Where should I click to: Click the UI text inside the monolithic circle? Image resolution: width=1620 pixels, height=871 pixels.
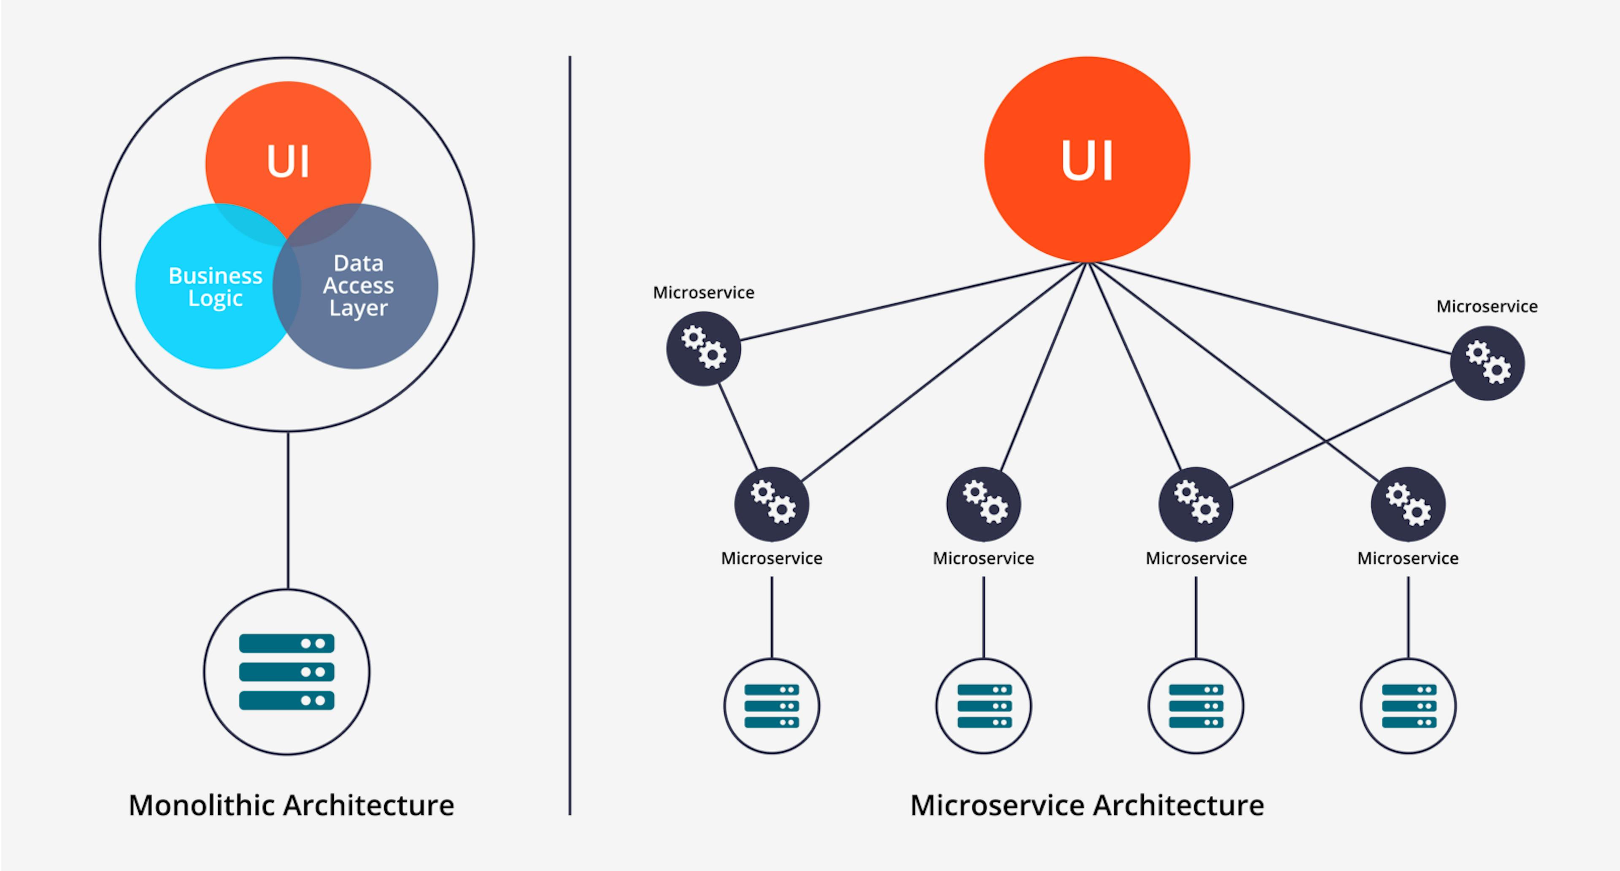[288, 162]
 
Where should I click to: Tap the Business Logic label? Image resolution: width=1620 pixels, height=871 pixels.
[215, 287]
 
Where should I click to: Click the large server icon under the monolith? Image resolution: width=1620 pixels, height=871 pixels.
[287, 672]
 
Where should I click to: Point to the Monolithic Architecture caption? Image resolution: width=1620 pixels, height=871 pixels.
[291, 805]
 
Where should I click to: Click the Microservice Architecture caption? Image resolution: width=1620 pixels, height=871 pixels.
[1087, 805]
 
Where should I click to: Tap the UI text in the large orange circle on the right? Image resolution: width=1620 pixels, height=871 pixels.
[1087, 160]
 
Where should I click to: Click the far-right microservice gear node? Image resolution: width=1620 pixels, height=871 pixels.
[1487, 363]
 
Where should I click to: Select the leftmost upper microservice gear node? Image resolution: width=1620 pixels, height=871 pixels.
[703, 349]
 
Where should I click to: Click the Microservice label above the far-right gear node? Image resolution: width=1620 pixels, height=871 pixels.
[1487, 306]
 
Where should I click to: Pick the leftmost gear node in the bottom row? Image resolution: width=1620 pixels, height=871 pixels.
[772, 504]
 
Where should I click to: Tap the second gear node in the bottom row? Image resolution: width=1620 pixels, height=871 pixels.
[983, 504]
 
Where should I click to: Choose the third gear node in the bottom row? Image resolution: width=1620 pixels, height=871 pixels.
[1196, 504]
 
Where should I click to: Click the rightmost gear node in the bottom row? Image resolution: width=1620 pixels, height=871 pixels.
[1408, 504]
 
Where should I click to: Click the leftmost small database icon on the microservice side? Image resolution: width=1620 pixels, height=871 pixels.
[772, 706]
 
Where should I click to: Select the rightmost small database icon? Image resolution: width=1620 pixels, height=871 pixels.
[1408, 706]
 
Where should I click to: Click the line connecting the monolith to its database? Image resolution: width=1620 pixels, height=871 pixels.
[288, 509]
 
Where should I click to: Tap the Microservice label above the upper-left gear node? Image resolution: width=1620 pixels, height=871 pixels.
[703, 292]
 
